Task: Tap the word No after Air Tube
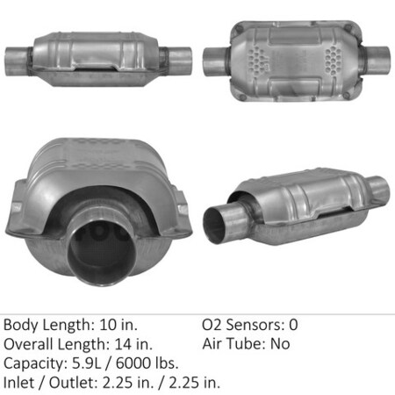(x=279, y=344)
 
